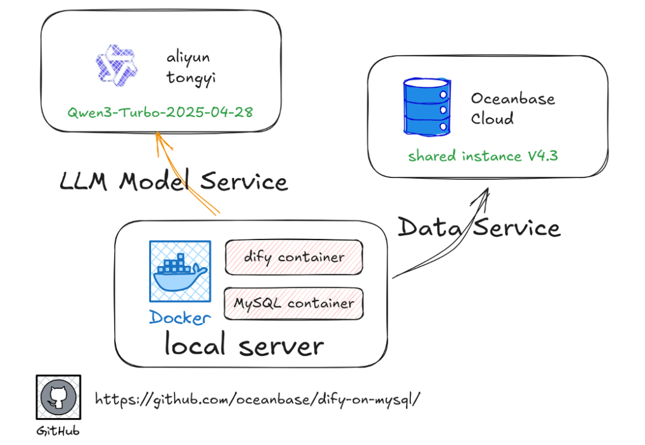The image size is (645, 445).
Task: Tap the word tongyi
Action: [189, 77]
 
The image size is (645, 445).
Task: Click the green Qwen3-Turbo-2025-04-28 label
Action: [159, 112]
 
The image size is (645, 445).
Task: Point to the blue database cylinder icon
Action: [426, 106]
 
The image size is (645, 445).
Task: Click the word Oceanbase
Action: [512, 98]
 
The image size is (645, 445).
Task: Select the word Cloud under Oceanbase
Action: [492, 118]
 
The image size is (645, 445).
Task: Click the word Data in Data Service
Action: [425, 228]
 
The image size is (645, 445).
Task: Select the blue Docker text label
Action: [180, 317]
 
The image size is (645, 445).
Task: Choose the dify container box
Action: [294, 257]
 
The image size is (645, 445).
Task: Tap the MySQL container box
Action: [294, 303]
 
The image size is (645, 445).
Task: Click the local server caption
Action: [244, 346]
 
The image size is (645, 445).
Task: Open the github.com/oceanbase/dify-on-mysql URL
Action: [257, 398]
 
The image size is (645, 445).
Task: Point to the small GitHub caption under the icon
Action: [58, 431]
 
